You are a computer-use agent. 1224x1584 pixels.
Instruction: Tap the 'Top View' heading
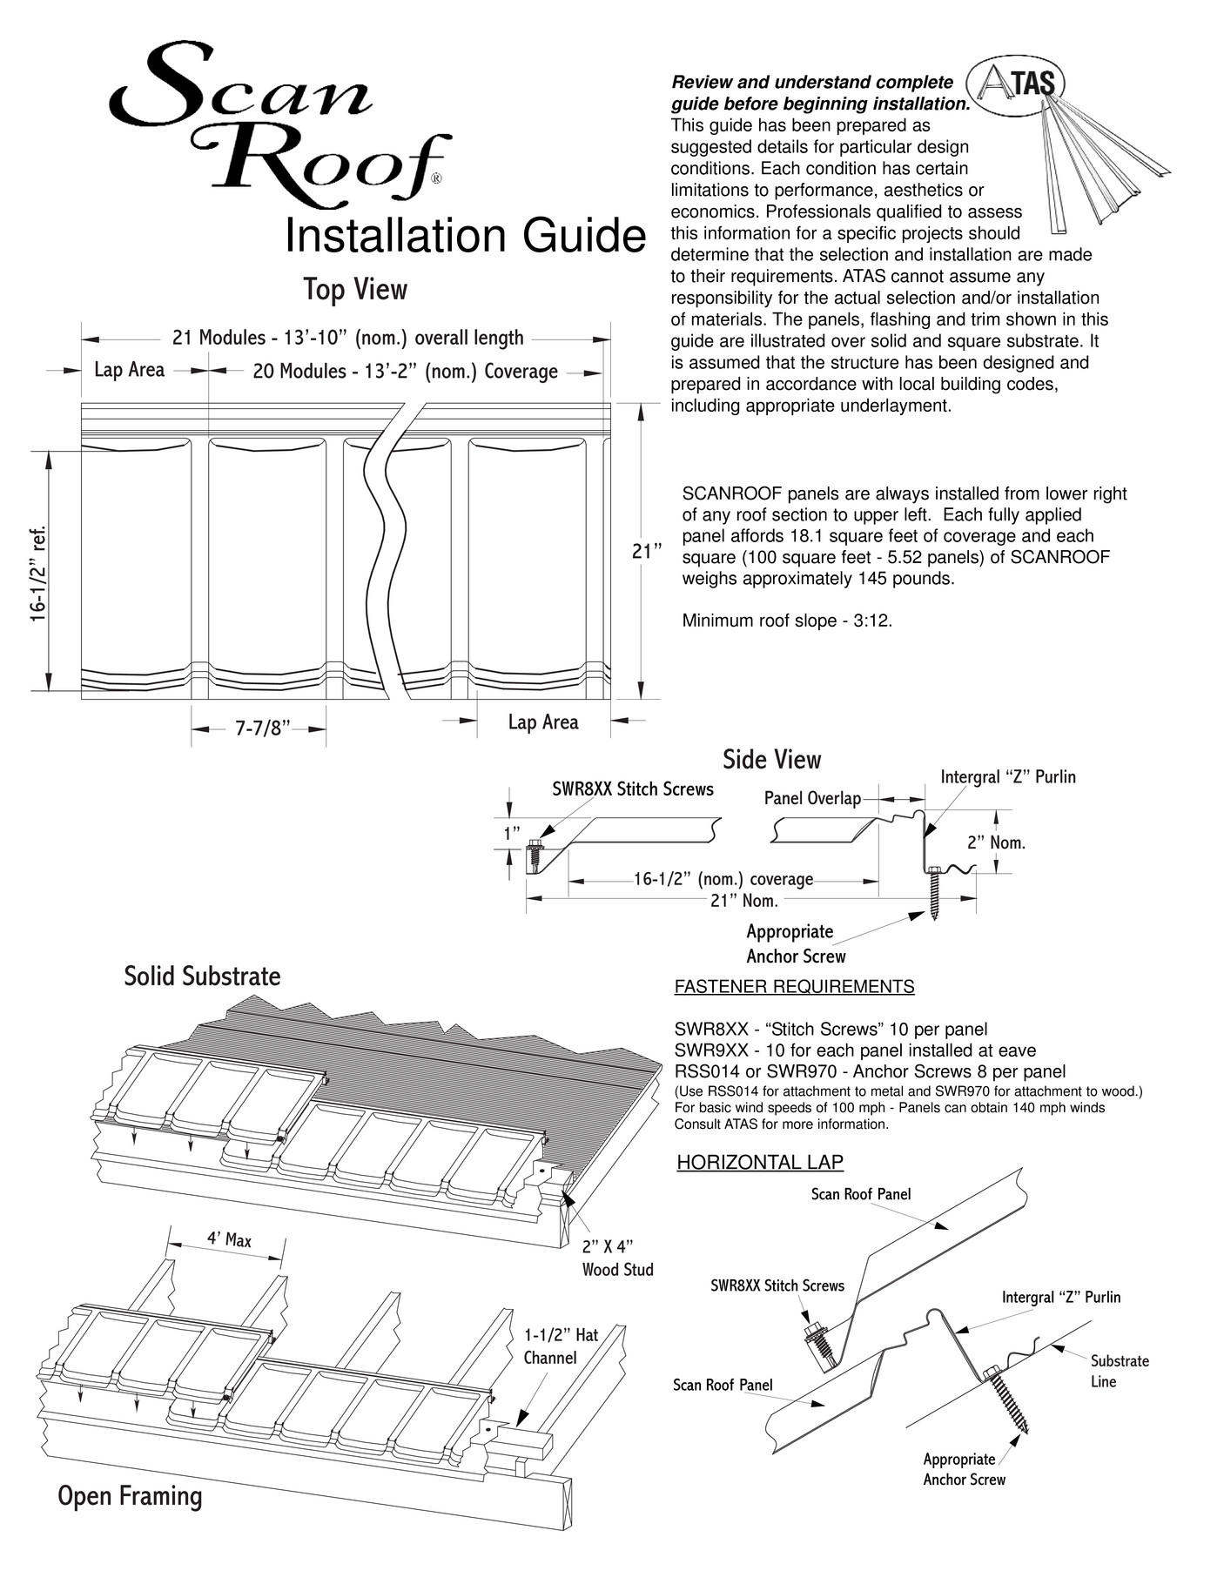(x=355, y=289)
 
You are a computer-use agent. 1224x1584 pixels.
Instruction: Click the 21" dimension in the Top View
(x=647, y=551)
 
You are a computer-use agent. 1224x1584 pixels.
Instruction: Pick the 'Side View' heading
(x=771, y=760)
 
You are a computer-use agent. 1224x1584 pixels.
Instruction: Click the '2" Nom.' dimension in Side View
(x=997, y=842)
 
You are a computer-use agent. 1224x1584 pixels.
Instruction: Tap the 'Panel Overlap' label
(x=812, y=798)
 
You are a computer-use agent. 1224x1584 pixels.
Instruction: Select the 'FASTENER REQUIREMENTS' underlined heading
(x=794, y=986)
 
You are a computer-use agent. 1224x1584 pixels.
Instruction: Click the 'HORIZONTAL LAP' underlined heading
(x=760, y=1162)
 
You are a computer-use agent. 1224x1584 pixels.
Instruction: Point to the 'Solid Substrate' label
(x=202, y=976)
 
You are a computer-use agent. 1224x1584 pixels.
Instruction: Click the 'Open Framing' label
(x=130, y=1496)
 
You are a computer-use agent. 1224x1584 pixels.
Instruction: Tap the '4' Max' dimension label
(x=229, y=1239)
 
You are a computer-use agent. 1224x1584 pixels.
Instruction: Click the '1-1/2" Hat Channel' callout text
(x=561, y=1346)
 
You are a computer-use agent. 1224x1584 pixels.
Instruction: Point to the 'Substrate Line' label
(x=1120, y=1371)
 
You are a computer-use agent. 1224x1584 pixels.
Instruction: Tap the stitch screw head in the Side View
(x=535, y=846)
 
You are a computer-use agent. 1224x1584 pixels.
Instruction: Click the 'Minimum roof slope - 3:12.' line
(x=787, y=621)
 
